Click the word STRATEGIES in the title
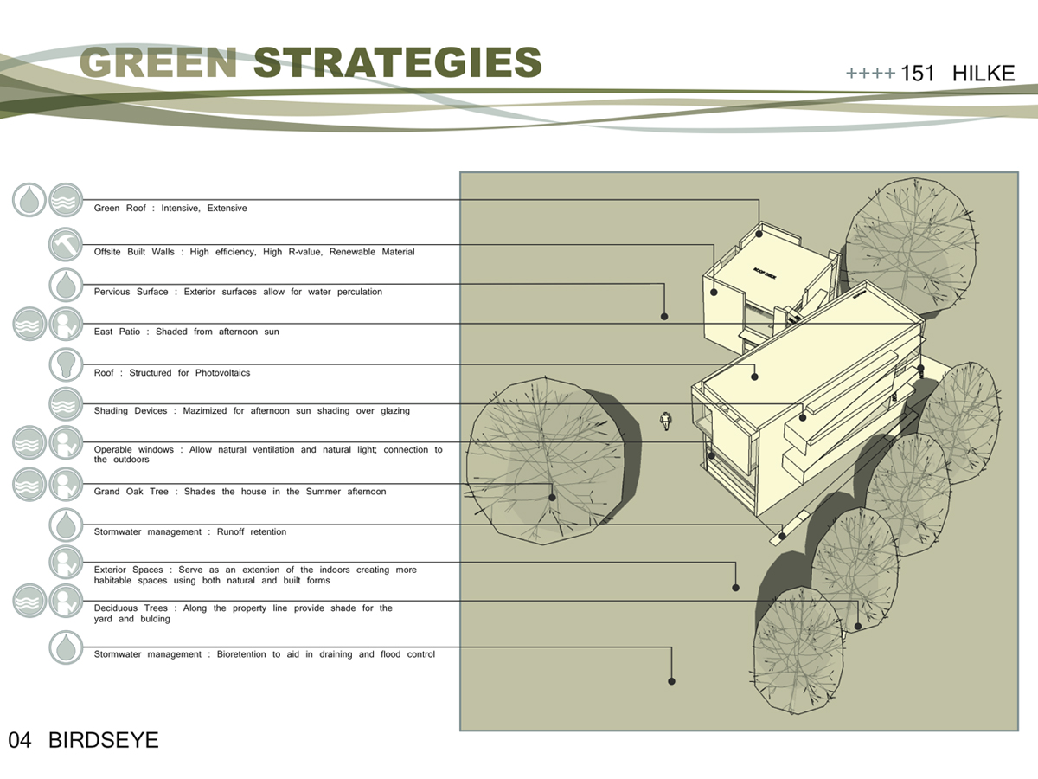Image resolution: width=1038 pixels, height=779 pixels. tap(398, 62)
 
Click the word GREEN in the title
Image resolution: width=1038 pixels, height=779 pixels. tap(158, 62)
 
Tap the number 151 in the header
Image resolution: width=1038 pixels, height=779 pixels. tap(918, 74)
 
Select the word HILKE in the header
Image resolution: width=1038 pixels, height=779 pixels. tap(984, 74)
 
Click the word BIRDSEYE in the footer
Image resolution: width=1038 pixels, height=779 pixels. tap(104, 740)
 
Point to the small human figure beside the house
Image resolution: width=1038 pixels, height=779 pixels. tap(666, 421)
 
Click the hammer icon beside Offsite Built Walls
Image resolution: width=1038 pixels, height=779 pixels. tap(66, 245)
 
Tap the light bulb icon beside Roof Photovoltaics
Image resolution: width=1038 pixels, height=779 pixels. tap(66, 364)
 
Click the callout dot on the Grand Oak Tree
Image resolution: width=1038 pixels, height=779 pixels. tap(552, 498)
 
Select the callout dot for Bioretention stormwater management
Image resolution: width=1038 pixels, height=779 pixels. tap(671, 681)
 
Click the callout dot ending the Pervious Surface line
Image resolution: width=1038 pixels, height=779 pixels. tap(664, 317)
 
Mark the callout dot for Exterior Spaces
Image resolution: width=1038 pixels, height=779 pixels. tap(735, 588)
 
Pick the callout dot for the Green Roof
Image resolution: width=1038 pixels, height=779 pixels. tap(759, 234)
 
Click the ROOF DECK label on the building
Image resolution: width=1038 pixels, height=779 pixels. tap(765, 274)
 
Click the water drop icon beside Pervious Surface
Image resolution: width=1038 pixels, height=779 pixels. tap(66, 285)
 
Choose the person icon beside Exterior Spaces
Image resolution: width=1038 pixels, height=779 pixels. tap(66, 562)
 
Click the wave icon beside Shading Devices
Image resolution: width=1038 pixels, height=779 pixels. tap(66, 404)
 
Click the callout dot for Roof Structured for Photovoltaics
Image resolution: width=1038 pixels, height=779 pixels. tap(755, 377)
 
